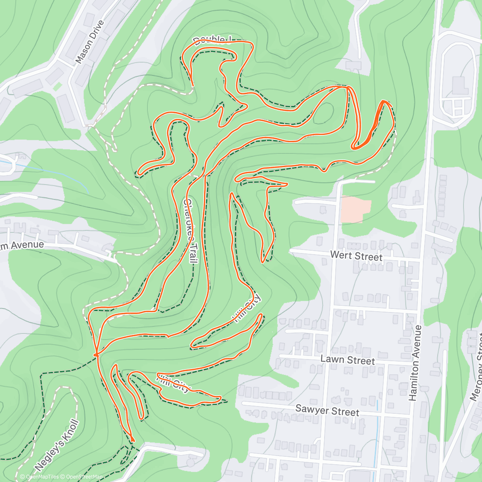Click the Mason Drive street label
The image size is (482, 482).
click(90, 42)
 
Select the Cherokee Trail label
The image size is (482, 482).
click(190, 231)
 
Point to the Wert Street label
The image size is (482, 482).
click(356, 256)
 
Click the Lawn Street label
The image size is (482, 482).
click(347, 360)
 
